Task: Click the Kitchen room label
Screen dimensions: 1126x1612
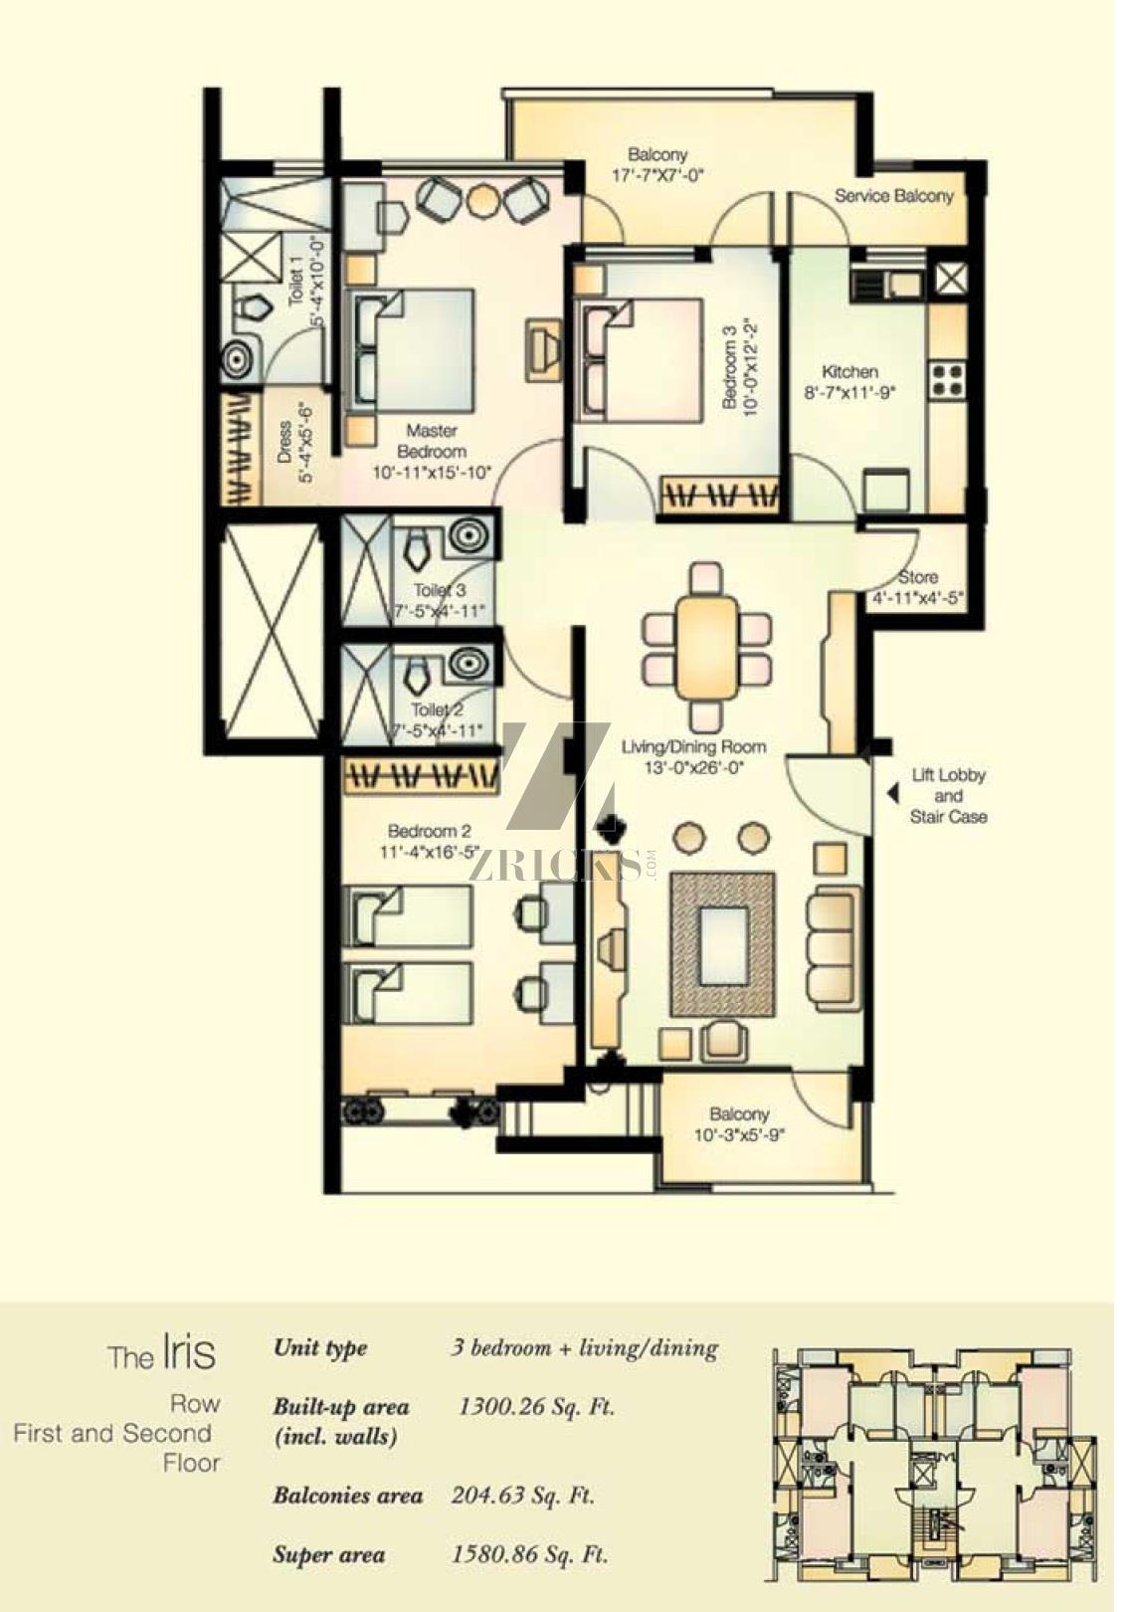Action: [x=859, y=375]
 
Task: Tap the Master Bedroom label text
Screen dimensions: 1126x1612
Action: [x=436, y=446]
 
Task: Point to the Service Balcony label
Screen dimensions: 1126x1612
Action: [x=903, y=198]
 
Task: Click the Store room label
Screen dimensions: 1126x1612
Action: [x=928, y=583]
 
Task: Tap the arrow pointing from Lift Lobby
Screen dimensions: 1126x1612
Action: [x=901, y=802]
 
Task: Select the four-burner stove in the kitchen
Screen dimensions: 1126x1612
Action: [x=958, y=384]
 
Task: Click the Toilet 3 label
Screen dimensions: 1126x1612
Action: [x=444, y=596]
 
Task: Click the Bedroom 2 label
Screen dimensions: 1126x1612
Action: [x=434, y=839]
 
